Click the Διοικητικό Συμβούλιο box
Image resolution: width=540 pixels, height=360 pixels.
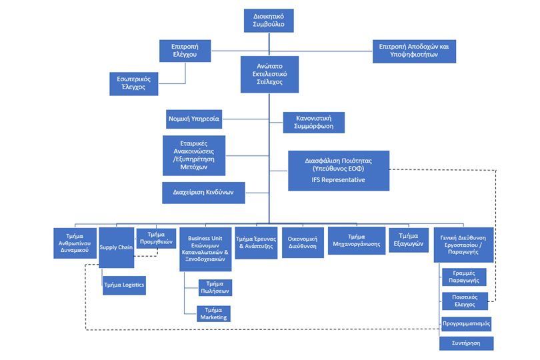[269, 21]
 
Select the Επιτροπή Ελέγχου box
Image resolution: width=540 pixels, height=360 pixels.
[185, 51]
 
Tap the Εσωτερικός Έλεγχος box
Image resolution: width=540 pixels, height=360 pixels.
[133, 84]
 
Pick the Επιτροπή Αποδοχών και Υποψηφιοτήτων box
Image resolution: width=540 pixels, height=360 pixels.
[414, 51]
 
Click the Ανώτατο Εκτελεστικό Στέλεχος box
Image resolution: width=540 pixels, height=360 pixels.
[269, 75]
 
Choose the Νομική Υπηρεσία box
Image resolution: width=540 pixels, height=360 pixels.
[194, 119]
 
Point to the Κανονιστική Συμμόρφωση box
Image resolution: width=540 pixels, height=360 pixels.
[314, 122]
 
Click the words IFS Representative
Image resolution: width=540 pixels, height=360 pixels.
[338, 180]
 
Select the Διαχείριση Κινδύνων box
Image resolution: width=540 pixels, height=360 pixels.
[203, 193]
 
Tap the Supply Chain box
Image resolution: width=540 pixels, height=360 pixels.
[117, 247]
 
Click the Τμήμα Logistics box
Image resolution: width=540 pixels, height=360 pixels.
[124, 285]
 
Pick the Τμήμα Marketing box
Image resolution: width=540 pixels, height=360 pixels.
[213, 314]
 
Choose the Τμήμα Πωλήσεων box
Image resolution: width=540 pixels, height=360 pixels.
[215, 287]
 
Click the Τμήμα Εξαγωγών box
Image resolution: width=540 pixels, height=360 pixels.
[409, 240]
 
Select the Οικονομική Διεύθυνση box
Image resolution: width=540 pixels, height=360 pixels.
[303, 243]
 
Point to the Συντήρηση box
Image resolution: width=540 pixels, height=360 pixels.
[466, 343]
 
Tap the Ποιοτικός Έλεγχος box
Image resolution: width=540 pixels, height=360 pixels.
[465, 301]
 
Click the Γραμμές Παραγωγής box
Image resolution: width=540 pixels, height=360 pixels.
[464, 277]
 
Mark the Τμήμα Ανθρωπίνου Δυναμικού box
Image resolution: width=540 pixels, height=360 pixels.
[75, 243]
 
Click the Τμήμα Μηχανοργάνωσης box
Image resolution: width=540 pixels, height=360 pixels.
[357, 241]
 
